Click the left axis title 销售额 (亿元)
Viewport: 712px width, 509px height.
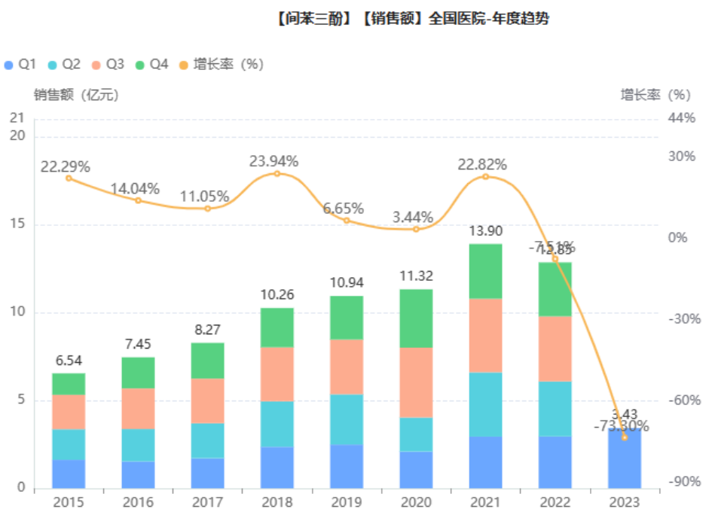[75, 95]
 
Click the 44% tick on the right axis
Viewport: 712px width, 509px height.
[680, 118]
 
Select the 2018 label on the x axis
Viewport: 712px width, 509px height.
[277, 501]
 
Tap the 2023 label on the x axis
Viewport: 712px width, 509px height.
[624, 501]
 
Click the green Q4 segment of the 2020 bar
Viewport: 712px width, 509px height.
[416, 318]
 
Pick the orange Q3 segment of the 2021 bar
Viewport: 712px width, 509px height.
[485, 335]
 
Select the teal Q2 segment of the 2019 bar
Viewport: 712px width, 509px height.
[347, 419]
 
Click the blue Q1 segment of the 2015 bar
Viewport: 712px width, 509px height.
[69, 474]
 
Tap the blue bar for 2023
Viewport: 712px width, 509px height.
[624, 459]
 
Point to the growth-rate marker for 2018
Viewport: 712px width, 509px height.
[277, 173]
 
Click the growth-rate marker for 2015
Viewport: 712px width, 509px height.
[69, 178]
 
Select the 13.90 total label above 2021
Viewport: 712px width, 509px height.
[485, 231]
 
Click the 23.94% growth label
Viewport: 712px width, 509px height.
[274, 161]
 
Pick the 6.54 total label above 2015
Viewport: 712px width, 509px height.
[69, 361]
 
